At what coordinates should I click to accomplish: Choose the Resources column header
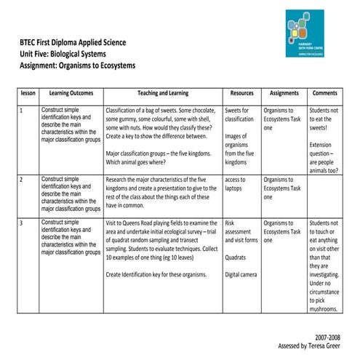pyautogui.click(x=241, y=94)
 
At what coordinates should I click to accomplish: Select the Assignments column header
pyautogui.click(x=284, y=94)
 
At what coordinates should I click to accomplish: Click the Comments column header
pyautogui.click(x=324, y=94)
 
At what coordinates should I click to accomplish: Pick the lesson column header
pyautogui.click(x=28, y=94)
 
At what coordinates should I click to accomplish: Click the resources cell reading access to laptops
pyautogui.click(x=238, y=183)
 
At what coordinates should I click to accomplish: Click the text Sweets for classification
pyautogui.click(x=239, y=115)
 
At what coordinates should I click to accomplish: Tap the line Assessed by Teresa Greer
pyautogui.click(x=308, y=348)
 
